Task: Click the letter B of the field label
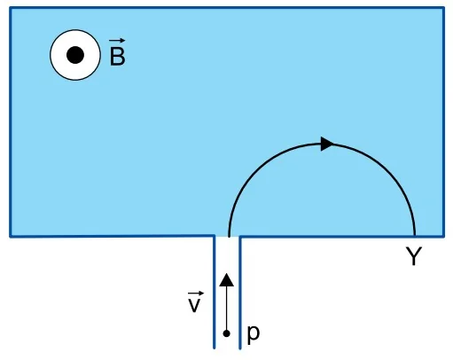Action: (x=117, y=56)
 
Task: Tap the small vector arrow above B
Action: (x=117, y=41)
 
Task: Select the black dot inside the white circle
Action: (x=75, y=55)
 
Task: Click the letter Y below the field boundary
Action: (x=414, y=256)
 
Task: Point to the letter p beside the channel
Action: (x=254, y=334)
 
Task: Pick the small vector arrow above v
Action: (x=196, y=293)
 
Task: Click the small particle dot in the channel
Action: (x=227, y=333)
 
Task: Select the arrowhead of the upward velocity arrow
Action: (x=227, y=280)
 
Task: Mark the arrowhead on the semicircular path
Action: (x=327, y=144)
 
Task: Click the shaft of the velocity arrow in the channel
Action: (x=227, y=309)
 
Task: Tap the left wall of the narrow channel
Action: (x=215, y=292)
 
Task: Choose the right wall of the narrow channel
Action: (x=239, y=292)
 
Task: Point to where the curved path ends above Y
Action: (x=415, y=236)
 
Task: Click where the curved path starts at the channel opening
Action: (x=229, y=236)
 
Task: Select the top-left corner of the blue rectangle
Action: (x=11, y=8)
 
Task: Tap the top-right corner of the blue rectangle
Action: (x=443, y=8)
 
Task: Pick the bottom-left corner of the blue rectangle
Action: (x=11, y=237)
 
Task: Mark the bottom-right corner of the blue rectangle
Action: (x=443, y=237)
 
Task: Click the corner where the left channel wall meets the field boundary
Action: (x=215, y=236)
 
